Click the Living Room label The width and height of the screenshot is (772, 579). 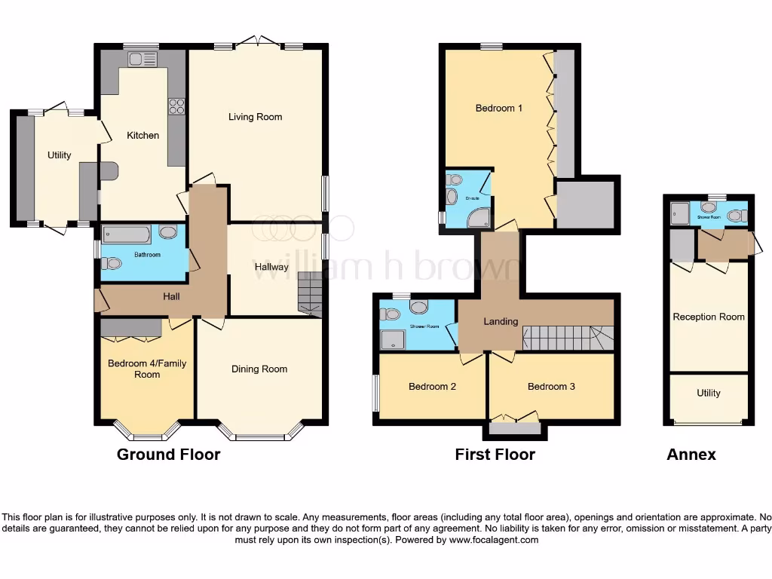point(256,117)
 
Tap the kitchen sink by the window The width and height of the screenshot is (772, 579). point(142,59)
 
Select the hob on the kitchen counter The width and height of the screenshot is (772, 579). point(177,107)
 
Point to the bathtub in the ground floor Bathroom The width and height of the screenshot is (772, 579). point(128,234)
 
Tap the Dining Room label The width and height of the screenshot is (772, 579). point(259,369)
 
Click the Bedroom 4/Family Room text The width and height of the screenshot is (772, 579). point(147,369)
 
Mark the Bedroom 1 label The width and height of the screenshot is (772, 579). point(499,108)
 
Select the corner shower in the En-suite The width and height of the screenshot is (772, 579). point(479,217)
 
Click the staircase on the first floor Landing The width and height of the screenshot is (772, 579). point(567,337)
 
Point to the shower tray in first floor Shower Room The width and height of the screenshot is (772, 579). point(393,340)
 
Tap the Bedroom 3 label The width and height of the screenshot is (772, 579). point(551,386)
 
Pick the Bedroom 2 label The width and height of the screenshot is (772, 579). point(432,387)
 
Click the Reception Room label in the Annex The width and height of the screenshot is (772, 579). point(709,317)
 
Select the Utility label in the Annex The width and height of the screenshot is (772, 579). point(709,393)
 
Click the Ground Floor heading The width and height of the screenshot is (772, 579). point(168,455)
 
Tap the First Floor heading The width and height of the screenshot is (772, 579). point(495,455)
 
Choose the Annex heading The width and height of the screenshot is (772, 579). point(691,455)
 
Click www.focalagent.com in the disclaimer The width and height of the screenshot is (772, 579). point(493,540)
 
